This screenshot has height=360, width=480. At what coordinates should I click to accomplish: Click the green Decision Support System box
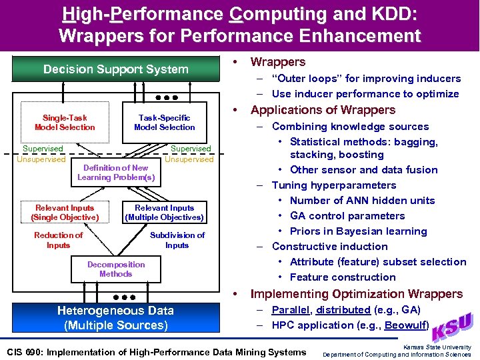tap(116, 69)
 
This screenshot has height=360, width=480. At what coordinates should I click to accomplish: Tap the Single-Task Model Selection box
tap(65, 123)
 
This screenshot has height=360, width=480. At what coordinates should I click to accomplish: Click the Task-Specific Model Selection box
tap(164, 123)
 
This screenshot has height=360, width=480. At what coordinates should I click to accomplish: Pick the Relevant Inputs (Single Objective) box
tap(65, 213)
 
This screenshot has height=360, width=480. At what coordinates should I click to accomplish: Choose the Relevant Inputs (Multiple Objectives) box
tap(164, 213)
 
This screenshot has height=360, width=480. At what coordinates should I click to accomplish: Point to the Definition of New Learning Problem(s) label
tap(116, 173)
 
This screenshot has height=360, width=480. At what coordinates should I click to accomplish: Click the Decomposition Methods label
tap(116, 269)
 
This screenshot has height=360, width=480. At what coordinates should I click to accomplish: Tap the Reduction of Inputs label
tap(58, 240)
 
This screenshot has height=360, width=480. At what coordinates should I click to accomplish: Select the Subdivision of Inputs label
tap(177, 240)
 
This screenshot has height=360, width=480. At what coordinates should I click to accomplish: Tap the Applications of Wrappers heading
tap(323, 111)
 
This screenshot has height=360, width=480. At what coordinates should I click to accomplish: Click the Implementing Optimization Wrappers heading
tap(356, 294)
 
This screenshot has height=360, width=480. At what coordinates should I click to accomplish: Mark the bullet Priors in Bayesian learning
tap(358, 231)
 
